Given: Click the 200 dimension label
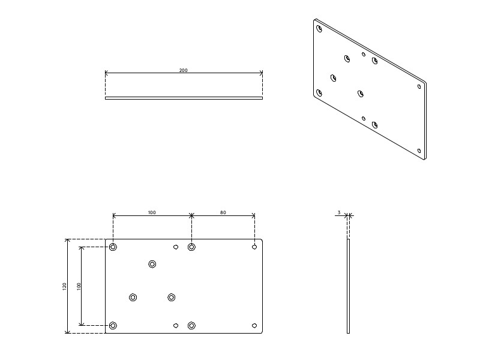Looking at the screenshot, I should coord(183,70).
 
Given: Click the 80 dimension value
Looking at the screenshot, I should coord(223,212).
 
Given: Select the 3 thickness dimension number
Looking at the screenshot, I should coord(339,212).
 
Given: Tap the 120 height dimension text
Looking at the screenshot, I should coord(65,286).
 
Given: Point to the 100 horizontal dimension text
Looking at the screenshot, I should coord(152,212).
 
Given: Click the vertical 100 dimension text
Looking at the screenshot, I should coord(79,286).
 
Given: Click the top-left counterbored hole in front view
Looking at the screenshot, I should coord(113,247).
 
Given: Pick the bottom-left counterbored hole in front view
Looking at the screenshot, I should coord(113,325).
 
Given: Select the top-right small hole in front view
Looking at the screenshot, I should coord(254,247).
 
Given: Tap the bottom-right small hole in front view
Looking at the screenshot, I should coord(254,325).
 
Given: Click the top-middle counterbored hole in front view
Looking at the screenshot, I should coord(191,247).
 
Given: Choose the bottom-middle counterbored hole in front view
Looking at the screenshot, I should coord(191,325).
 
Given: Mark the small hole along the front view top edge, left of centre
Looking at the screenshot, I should coord(176,247).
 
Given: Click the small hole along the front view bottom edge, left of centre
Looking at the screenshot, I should coord(176,325).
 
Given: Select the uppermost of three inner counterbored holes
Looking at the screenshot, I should coord(152,264).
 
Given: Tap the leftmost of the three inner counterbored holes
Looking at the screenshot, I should coord(133,297).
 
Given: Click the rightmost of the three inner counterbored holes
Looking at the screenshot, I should coord(172,297).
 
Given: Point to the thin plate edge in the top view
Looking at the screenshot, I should coord(184,98).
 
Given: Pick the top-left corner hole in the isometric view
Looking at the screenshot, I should coord(319,28).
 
